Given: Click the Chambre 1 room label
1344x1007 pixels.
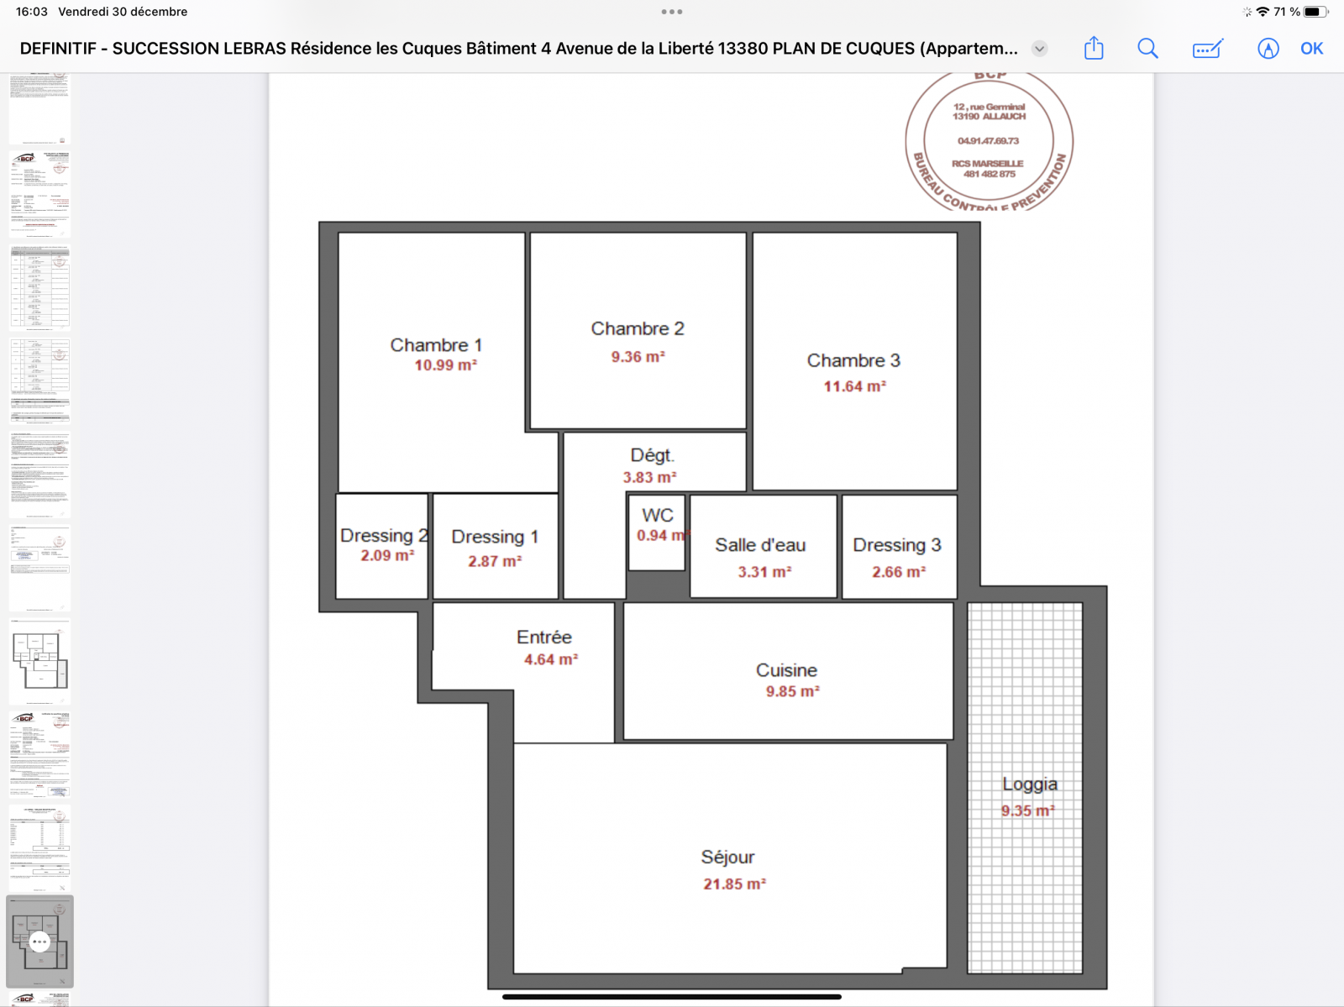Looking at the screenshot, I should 436,345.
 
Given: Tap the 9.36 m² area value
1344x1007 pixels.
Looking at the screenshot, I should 638,357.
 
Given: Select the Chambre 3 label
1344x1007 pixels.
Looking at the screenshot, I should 853,360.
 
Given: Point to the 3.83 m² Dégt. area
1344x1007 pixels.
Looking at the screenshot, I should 649,477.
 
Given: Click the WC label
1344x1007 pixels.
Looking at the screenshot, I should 658,516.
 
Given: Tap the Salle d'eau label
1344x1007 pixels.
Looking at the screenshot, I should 760,545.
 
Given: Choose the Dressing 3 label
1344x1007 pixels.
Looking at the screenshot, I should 897,545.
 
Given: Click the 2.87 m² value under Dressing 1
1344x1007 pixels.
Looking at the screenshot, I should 495,561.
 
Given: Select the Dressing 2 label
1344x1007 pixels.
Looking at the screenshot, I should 384,536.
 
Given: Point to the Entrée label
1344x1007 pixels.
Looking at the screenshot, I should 544,637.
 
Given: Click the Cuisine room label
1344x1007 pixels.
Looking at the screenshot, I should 786,670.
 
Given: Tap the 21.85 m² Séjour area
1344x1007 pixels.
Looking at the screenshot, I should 734,884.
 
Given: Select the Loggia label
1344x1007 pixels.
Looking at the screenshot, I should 1030,784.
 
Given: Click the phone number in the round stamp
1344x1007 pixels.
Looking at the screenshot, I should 989,141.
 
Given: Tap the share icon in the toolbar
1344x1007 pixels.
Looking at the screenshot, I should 1094,49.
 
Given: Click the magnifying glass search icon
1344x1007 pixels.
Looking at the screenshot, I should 1147,49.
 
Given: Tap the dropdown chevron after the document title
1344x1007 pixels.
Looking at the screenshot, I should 1039,49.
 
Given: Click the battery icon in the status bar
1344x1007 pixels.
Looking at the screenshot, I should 1315,12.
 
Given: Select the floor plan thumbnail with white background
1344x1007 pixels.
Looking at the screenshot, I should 39,661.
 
